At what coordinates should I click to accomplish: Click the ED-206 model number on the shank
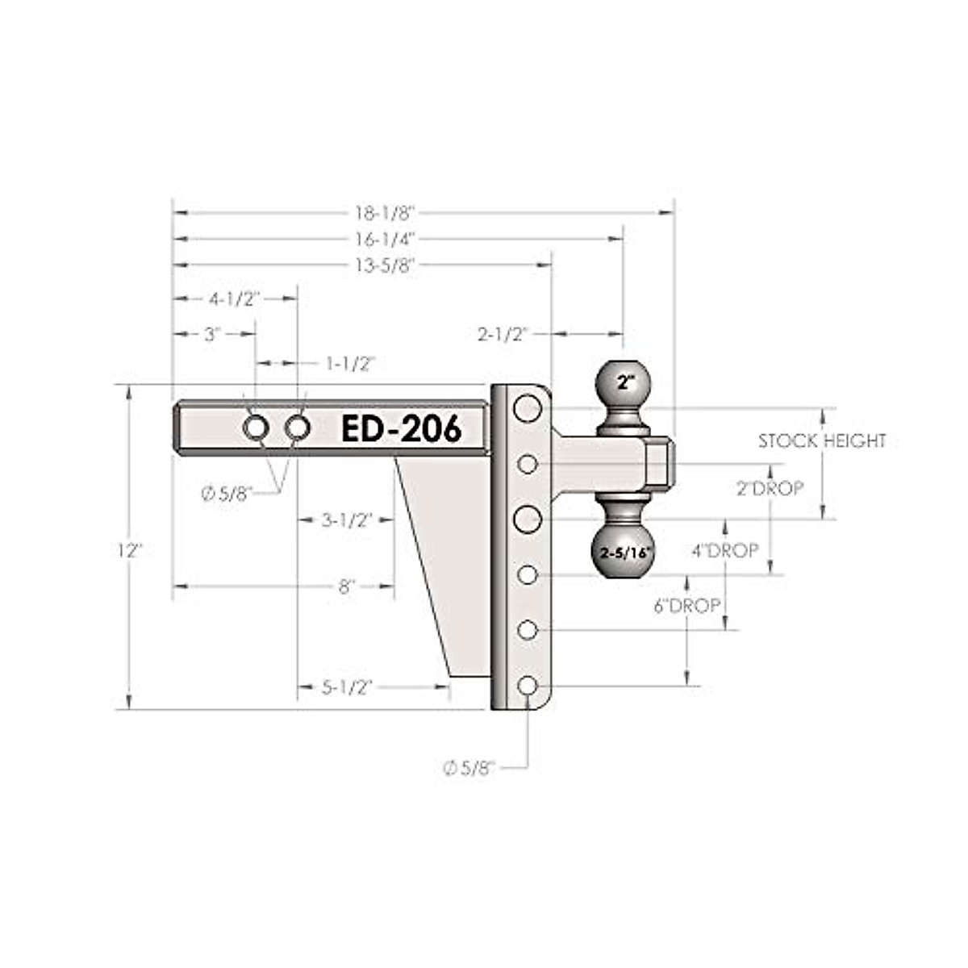pos(401,428)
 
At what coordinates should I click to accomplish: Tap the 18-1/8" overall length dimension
pos(386,213)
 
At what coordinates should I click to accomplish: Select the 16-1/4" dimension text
pos(386,239)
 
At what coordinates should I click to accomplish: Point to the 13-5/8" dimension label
pos(386,265)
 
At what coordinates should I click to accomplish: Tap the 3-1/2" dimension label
pos(347,520)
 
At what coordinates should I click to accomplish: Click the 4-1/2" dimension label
pos(235,299)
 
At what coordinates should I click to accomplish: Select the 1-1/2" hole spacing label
pos(351,363)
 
